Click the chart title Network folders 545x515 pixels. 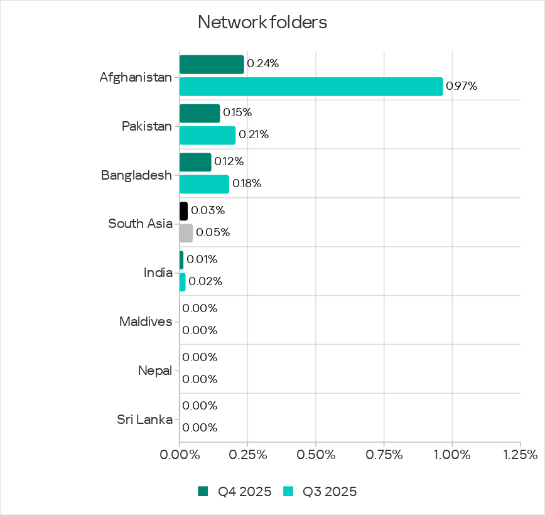[x=262, y=23]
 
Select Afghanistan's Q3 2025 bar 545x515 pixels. [x=311, y=86]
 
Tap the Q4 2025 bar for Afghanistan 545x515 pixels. [x=212, y=65]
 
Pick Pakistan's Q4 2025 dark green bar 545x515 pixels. [x=200, y=114]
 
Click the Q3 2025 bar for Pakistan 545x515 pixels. [x=207, y=135]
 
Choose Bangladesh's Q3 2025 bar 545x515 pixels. [x=204, y=184]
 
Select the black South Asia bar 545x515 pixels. [x=183, y=211]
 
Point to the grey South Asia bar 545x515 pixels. [x=186, y=233]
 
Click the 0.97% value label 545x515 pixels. [x=461, y=87]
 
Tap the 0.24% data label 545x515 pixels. [x=262, y=63]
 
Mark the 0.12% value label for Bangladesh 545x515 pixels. [x=229, y=161]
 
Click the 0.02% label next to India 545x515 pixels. [x=205, y=281]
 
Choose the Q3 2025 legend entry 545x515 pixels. [x=321, y=492]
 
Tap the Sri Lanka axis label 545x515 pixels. [x=144, y=420]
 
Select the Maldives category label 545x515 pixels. [x=145, y=322]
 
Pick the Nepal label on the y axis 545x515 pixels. [x=154, y=371]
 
